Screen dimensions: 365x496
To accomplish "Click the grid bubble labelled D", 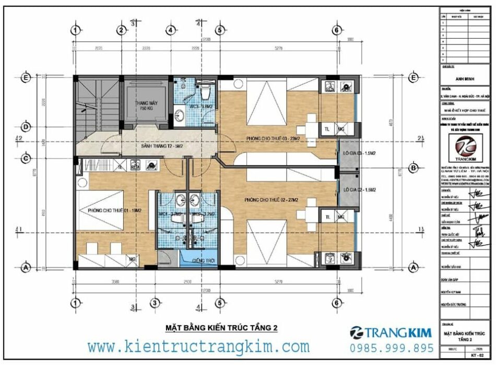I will coord(25,127).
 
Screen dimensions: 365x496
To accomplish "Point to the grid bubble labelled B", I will coord(414,168).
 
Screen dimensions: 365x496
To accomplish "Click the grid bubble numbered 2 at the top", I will coord(121,30).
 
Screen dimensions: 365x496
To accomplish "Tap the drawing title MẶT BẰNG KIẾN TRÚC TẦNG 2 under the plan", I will coord(221,328).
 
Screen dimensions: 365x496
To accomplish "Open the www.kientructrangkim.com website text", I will coord(198,346).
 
